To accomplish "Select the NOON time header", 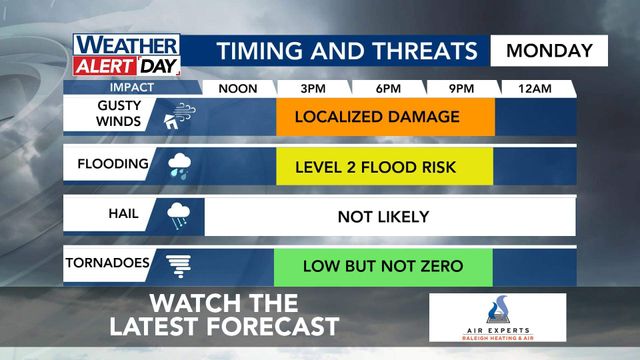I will (238, 88).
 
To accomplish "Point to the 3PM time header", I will (312, 88).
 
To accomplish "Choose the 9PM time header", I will (461, 88).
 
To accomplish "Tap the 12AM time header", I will (535, 88).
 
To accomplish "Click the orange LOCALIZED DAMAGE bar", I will (385, 117).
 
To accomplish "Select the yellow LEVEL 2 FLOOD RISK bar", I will (385, 166).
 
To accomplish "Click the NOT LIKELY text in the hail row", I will (383, 216).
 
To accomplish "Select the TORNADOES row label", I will (108, 264).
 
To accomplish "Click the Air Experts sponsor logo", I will (497, 318).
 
